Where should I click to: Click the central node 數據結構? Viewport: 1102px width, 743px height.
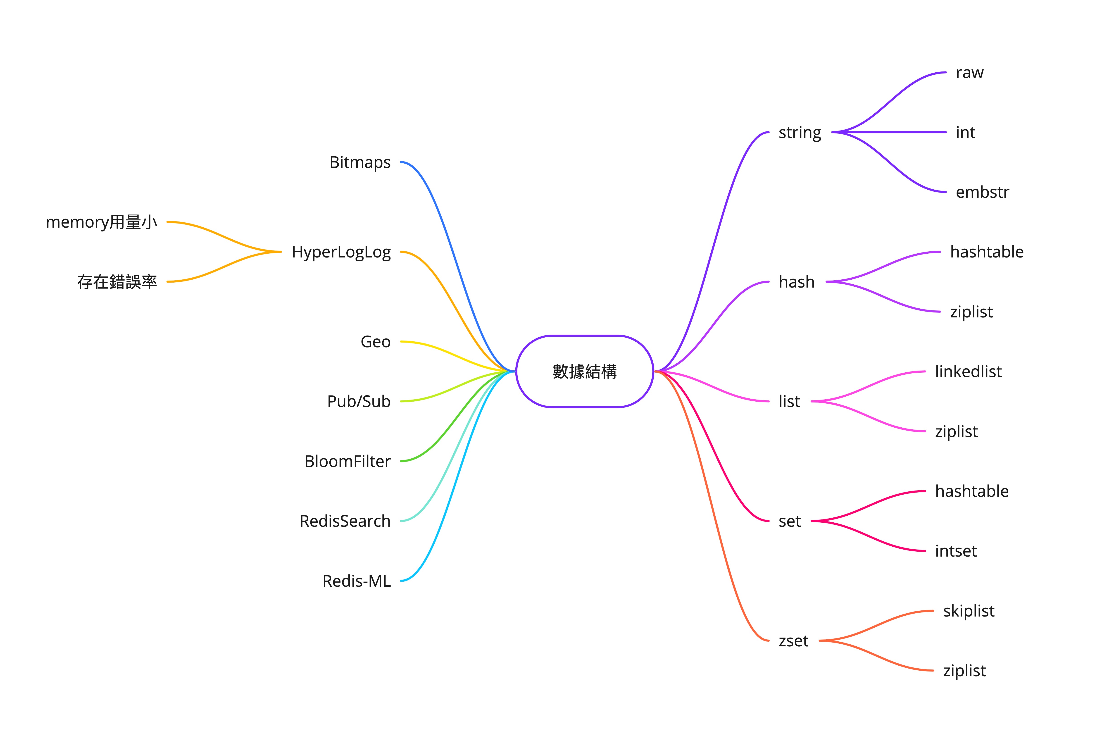coord(585,371)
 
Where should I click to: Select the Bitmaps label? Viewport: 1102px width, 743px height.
coord(360,162)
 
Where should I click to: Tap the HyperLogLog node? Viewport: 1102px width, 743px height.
coord(341,252)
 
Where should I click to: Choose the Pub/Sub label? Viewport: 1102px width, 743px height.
coord(359,401)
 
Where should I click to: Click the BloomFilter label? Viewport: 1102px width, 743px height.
coord(347,461)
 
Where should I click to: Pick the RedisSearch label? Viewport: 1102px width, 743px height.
coord(345,521)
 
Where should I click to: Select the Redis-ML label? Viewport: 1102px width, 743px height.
coord(356,581)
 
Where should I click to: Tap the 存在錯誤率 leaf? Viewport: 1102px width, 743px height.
coord(117,282)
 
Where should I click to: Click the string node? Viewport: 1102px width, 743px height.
coord(800,133)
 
